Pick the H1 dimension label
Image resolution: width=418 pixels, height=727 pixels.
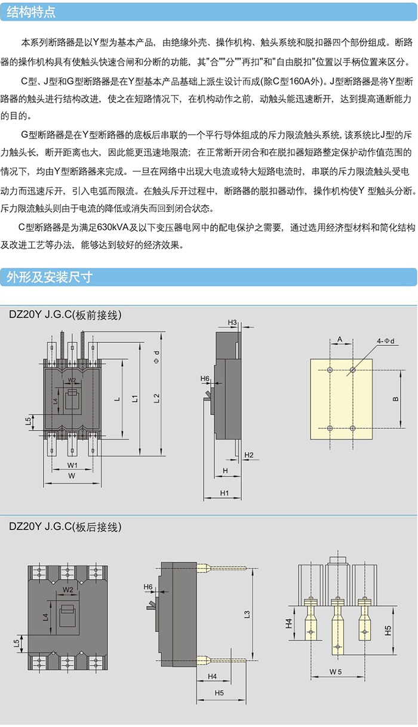click(x=225, y=493)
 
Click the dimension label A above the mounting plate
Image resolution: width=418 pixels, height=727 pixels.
click(x=340, y=339)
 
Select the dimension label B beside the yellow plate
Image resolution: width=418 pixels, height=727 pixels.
click(x=395, y=400)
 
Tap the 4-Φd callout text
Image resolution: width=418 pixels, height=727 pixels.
click(x=385, y=341)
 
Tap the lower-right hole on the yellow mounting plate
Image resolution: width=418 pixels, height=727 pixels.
click(x=353, y=428)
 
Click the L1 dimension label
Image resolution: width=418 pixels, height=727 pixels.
click(x=137, y=398)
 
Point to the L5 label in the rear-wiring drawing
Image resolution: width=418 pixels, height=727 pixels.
click(x=16, y=643)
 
